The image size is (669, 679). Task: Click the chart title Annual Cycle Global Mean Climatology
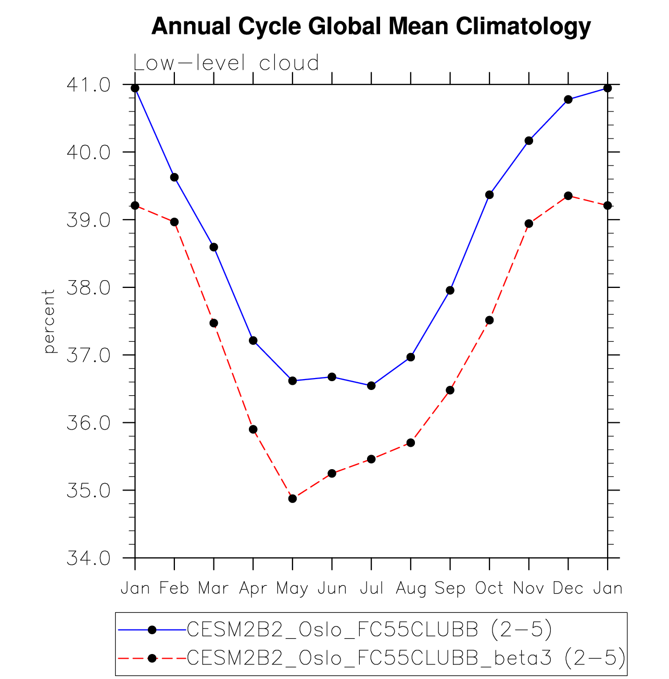tap(371, 26)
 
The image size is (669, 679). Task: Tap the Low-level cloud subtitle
tap(226, 63)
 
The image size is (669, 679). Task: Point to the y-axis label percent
tap(49, 321)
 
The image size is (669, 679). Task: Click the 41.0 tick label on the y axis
tap(89, 85)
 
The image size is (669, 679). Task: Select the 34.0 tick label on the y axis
tap(89, 558)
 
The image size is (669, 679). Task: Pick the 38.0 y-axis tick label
tap(89, 287)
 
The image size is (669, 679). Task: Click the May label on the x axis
tap(292, 588)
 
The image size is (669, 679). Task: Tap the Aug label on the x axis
tap(411, 588)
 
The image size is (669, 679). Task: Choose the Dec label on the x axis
tap(568, 588)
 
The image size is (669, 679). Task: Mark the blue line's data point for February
tap(174, 178)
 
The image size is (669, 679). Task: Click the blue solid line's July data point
tap(371, 386)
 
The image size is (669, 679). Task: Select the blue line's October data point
tap(489, 195)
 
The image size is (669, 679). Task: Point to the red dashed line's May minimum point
tap(293, 499)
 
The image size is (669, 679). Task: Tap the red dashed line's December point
tap(568, 196)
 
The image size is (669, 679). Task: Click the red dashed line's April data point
tap(253, 430)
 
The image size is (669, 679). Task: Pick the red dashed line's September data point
tap(450, 390)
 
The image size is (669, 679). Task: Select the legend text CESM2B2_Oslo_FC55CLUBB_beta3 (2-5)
tap(406, 658)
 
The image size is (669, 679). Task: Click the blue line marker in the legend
tap(152, 630)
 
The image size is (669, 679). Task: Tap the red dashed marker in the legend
tap(152, 658)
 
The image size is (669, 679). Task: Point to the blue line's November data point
tap(529, 141)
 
